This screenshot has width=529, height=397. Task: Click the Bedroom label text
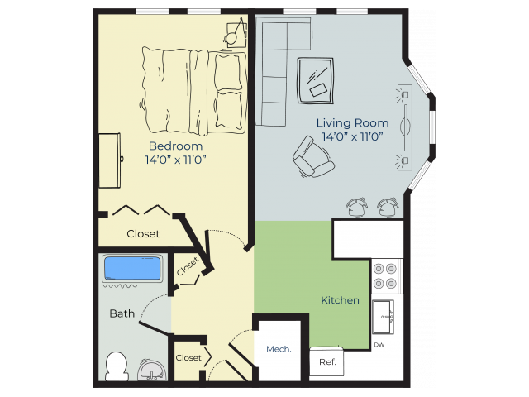[175, 146]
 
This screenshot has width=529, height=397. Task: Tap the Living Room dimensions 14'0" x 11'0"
[352, 136]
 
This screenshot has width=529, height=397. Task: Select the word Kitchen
[340, 300]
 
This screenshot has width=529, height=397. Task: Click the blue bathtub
[132, 268]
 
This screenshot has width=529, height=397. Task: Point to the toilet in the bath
[117, 366]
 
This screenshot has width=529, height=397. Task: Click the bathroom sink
[152, 370]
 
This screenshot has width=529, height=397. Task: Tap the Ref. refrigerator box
[327, 361]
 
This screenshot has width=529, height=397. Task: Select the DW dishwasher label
[379, 345]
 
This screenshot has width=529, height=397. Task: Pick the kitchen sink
[383, 317]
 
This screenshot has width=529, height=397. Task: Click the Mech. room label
[279, 349]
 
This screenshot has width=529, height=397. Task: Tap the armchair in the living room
[313, 157]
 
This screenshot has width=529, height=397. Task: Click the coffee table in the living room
[316, 80]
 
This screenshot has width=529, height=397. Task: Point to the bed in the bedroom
[193, 91]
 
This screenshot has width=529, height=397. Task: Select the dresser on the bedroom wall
[110, 160]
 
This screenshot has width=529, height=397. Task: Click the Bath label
[122, 313]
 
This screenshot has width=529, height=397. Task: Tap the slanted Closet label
[188, 266]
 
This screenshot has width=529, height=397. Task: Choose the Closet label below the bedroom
[143, 233]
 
